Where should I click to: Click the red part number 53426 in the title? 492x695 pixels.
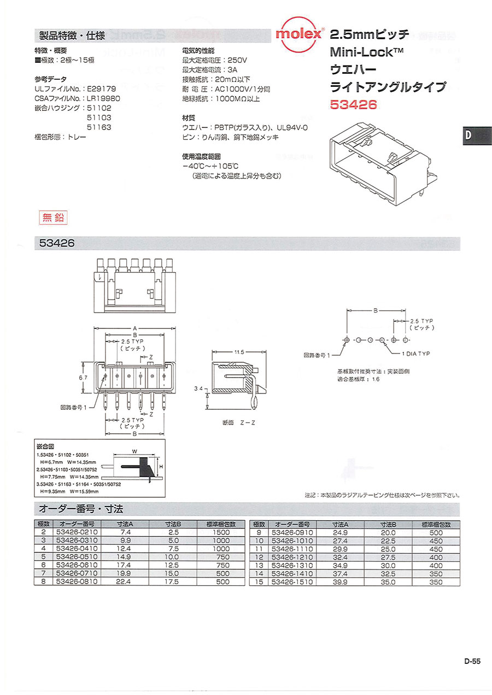click(x=353, y=104)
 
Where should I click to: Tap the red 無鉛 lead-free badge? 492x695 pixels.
click(x=54, y=217)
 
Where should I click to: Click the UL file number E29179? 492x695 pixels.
click(x=102, y=88)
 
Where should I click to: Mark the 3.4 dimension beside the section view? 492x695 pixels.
click(x=201, y=388)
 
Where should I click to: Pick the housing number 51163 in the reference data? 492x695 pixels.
click(x=99, y=127)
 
